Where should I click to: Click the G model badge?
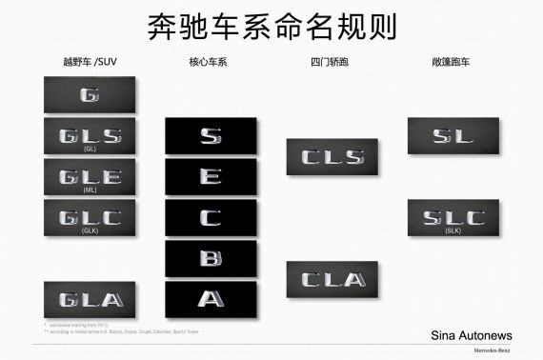click(x=90, y=95)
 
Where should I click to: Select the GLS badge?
click(x=90, y=136)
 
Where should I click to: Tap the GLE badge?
click(x=90, y=177)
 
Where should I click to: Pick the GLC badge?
click(x=90, y=218)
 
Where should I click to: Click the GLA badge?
click(x=90, y=299)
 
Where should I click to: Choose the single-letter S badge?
click(x=211, y=135)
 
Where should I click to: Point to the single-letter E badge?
click(x=211, y=177)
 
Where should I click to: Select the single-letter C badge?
click(x=211, y=217)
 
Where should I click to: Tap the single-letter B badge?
click(x=211, y=258)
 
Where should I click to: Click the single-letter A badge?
click(x=211, y=298)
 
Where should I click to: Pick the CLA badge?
click(x=332, y=279)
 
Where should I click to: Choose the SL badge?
click(x=452, y=136)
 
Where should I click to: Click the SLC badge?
click(x=452, y=218)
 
